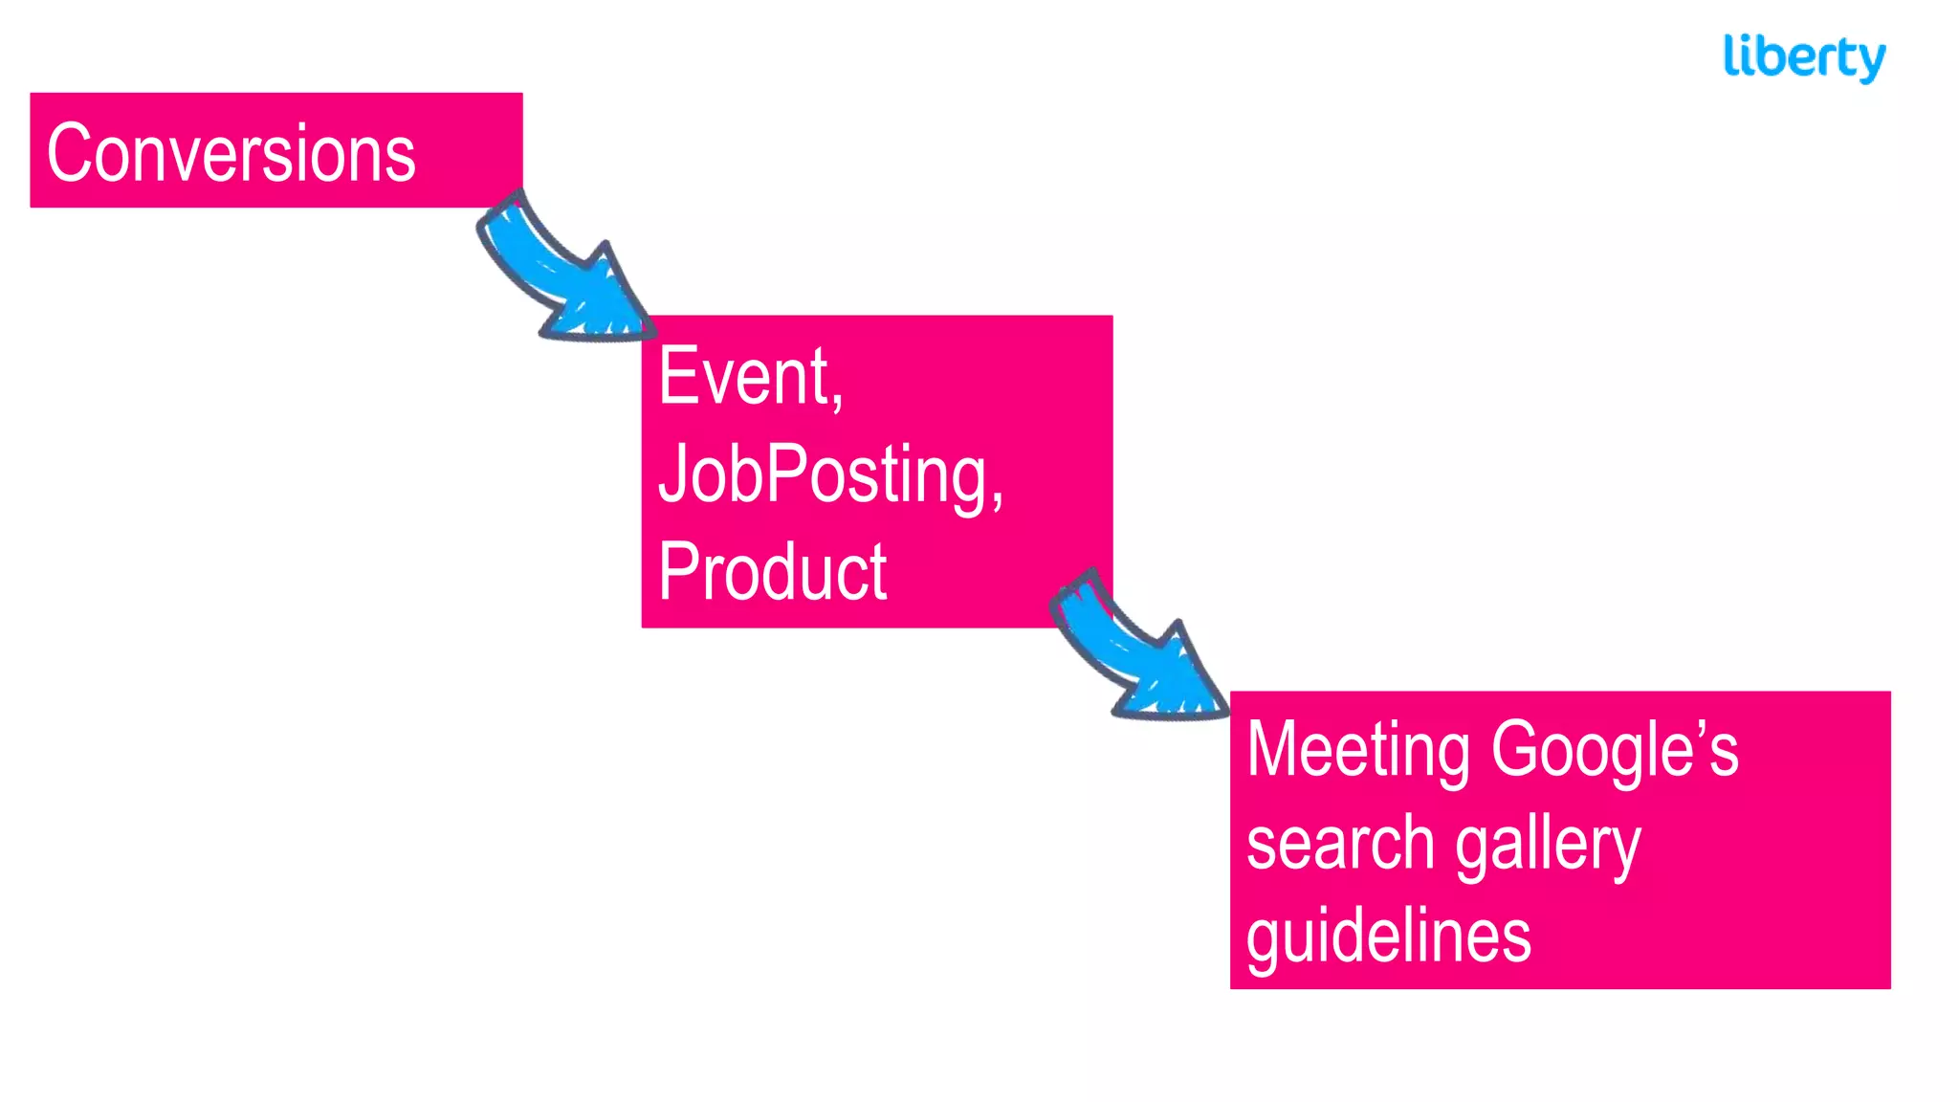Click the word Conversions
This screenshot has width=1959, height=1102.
[231, 153]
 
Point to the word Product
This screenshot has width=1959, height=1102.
[772, 571]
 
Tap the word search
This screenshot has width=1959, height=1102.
[1340, 843]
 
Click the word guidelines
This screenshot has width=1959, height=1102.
[1388, 937]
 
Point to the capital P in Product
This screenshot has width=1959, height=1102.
[678, 571]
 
